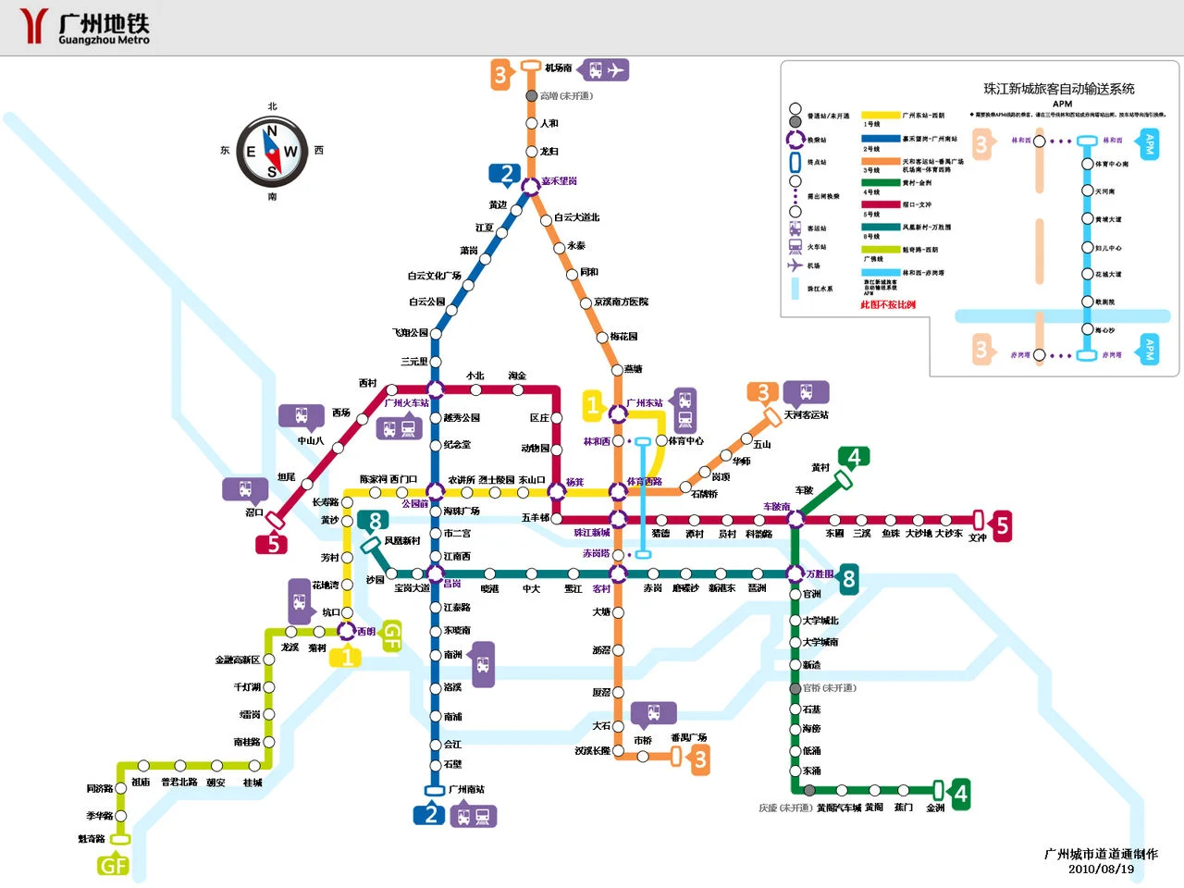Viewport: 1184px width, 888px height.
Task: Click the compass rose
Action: pyautogui.click(x=272, y=152)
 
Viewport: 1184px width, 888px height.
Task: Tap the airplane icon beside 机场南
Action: pyautogui.click(x=616, y=69)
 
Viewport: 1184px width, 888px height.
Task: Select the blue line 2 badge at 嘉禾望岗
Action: pyautogui.click(x=506, y=174)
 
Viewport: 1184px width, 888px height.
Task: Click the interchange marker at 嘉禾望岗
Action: pyautogui.click(x=530, y=186)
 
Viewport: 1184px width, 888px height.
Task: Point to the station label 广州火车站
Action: pyautogui.click(x=407, y=403)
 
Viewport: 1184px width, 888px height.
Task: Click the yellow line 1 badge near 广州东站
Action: pyautogui.click(x=593, y=405)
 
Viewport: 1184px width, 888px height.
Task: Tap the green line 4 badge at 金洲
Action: pyautogui.click(x=961, y=795)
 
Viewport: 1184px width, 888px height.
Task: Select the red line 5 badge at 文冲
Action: pyautogui.click(x=1002, y=525)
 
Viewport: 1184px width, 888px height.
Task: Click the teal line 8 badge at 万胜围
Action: pyautogui.click(x=848, y=580)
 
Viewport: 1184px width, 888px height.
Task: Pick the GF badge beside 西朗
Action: pyautogui.click(x=392, y=635)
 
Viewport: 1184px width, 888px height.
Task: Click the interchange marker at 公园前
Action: pyautogui.click(x=436, y=491)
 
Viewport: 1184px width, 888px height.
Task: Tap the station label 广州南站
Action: pyautogui.click(x=467, y=789)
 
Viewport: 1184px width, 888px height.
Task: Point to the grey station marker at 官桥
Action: pyautogui.click(x=795, y=688)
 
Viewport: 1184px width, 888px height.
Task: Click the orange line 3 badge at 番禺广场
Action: pyautogui.click(x=701, y=759)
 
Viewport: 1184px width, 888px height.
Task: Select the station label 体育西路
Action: pyautogui.click(x=645, y=482)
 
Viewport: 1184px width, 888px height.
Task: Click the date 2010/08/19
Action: pyautogui.click(x=1101, y=869)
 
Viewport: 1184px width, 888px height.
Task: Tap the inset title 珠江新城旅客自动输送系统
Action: pyautogui.click(x=1058, y=89)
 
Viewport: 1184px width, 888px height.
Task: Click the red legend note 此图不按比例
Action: pyautogui.click(x=888, y=304)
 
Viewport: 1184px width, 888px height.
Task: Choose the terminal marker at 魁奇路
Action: pyautogui.click(x=120, y=839)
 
